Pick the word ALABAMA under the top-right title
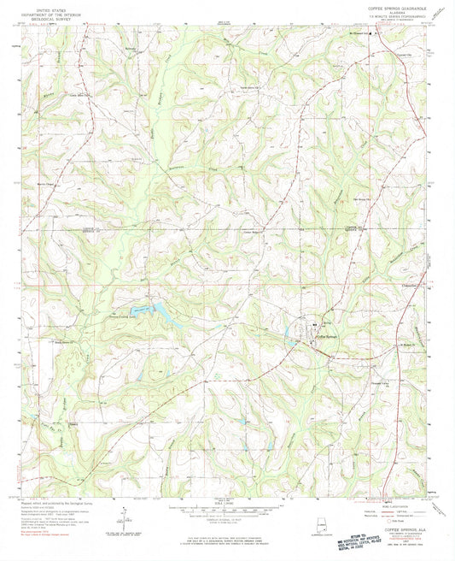(394, 13)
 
